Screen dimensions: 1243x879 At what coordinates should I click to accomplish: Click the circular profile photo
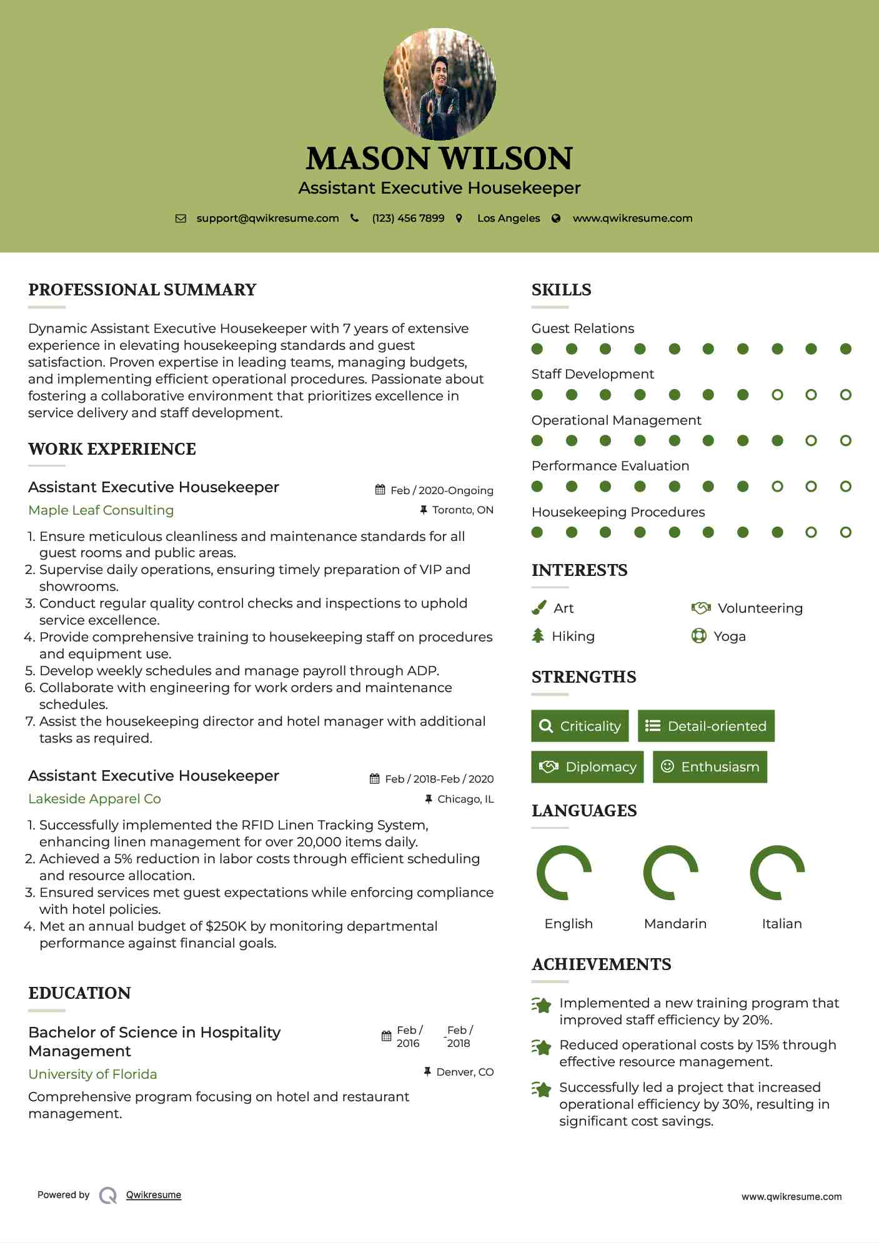coord(439,84)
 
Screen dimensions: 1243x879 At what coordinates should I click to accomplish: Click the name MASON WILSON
coord(439,159)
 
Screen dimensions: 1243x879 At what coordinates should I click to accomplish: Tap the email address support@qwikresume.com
coord(267,219)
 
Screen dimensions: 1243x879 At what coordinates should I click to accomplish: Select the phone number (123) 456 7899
coord(408,219)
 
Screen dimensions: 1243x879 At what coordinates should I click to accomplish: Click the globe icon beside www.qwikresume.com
coord(556,219)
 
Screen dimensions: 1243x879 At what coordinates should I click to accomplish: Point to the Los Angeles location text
coord(509,219)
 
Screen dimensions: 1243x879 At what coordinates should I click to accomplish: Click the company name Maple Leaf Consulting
coord(101,510)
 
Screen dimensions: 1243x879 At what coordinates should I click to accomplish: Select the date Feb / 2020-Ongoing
coord(442,491)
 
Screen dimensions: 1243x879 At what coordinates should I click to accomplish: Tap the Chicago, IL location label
coord(465,800)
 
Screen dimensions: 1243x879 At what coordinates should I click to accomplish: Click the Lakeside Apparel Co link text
coord(94,799)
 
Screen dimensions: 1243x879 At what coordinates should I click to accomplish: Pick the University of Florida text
coord(92,1074)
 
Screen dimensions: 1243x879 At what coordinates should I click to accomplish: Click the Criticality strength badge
coord(580,726)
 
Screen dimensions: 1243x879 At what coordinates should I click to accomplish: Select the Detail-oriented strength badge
coord(706,726)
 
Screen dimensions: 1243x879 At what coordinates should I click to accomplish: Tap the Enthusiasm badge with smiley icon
coord(710,767)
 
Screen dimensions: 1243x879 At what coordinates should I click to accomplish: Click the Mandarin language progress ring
coord(671,873)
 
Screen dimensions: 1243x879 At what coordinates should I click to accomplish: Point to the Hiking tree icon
coord(538,636)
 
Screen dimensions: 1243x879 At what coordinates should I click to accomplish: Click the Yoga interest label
coord(730,636)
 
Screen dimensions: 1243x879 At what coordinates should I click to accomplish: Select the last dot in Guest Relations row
coord(845,349)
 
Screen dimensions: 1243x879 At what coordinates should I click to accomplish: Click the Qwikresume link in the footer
coord(154,1195)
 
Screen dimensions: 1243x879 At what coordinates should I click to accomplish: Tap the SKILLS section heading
coord(561,290)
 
